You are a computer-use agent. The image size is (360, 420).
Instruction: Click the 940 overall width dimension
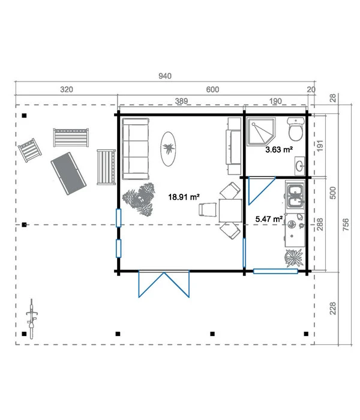pos(165,76)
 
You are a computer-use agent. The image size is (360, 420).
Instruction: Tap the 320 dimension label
pos(67,89)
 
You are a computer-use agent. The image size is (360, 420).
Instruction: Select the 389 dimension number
pos(181,101)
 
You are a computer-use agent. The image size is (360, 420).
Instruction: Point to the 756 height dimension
pos(346,224)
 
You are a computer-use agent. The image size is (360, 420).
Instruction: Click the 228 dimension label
pos(332,308)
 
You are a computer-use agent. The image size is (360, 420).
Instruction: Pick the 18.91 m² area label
pos(184,197)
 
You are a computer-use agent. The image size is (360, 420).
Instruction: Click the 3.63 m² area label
pos(279,149)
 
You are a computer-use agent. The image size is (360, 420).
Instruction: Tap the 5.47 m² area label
pos(269,219)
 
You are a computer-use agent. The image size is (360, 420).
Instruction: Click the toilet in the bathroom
pos(296,129)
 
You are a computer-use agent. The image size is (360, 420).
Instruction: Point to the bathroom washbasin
pos(300,166)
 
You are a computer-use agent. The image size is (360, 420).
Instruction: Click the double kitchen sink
pos(295,195)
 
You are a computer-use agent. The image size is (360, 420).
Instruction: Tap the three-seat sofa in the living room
pos(136,149)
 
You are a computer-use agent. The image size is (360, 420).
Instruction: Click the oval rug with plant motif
pos(168,149)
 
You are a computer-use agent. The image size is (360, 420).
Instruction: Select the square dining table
pos(230,210)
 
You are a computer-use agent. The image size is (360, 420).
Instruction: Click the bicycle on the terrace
pos(32,319)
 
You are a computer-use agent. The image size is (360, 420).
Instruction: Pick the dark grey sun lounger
pos(68,173)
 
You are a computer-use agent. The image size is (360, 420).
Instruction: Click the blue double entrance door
pos(164,284)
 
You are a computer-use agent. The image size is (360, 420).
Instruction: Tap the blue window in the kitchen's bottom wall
pos(275,271)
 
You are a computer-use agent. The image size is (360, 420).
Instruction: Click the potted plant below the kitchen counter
pos(294,258)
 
